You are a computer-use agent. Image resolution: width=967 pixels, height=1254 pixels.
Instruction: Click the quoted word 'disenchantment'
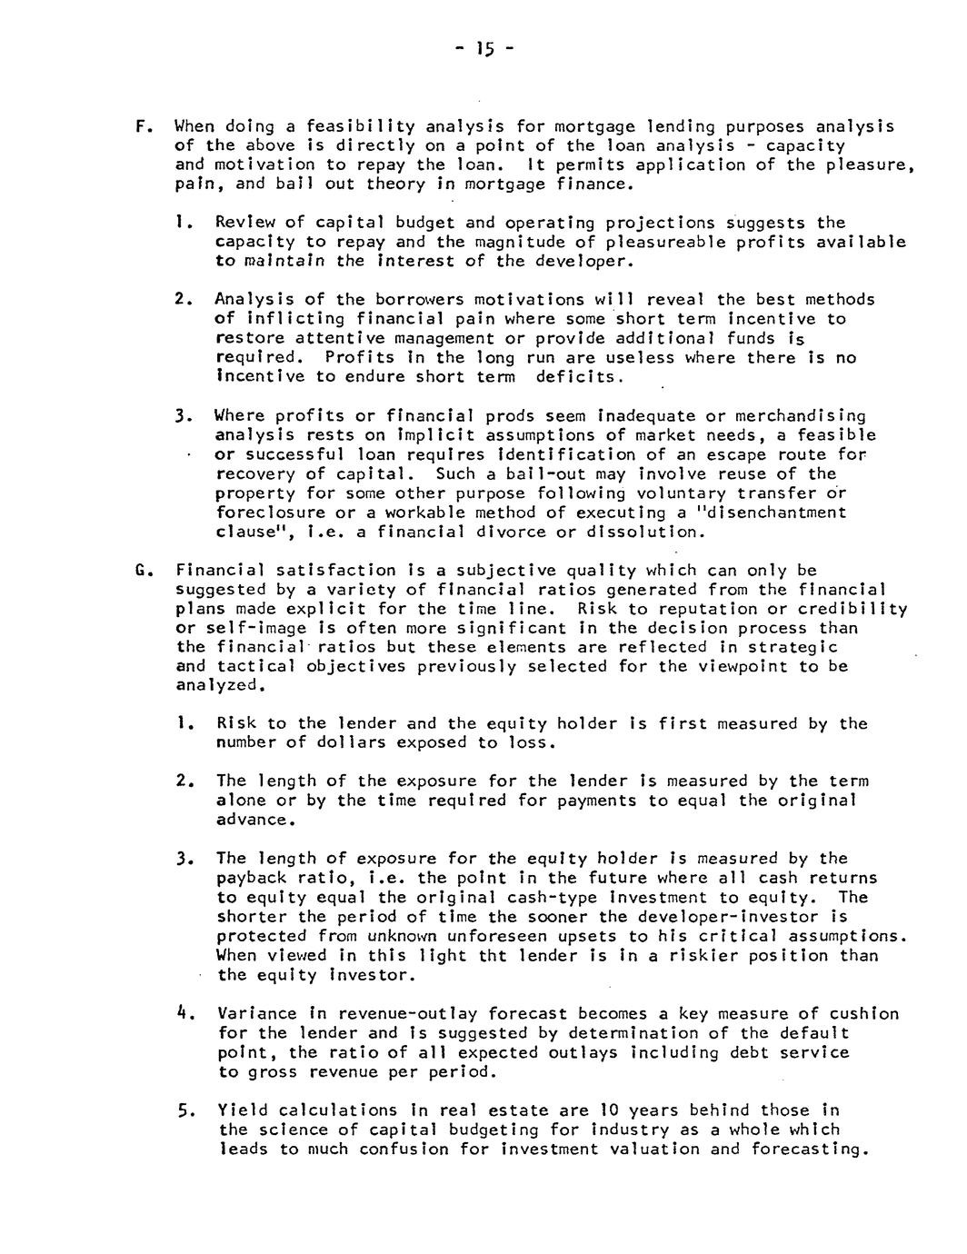click(x=775, y=513)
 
